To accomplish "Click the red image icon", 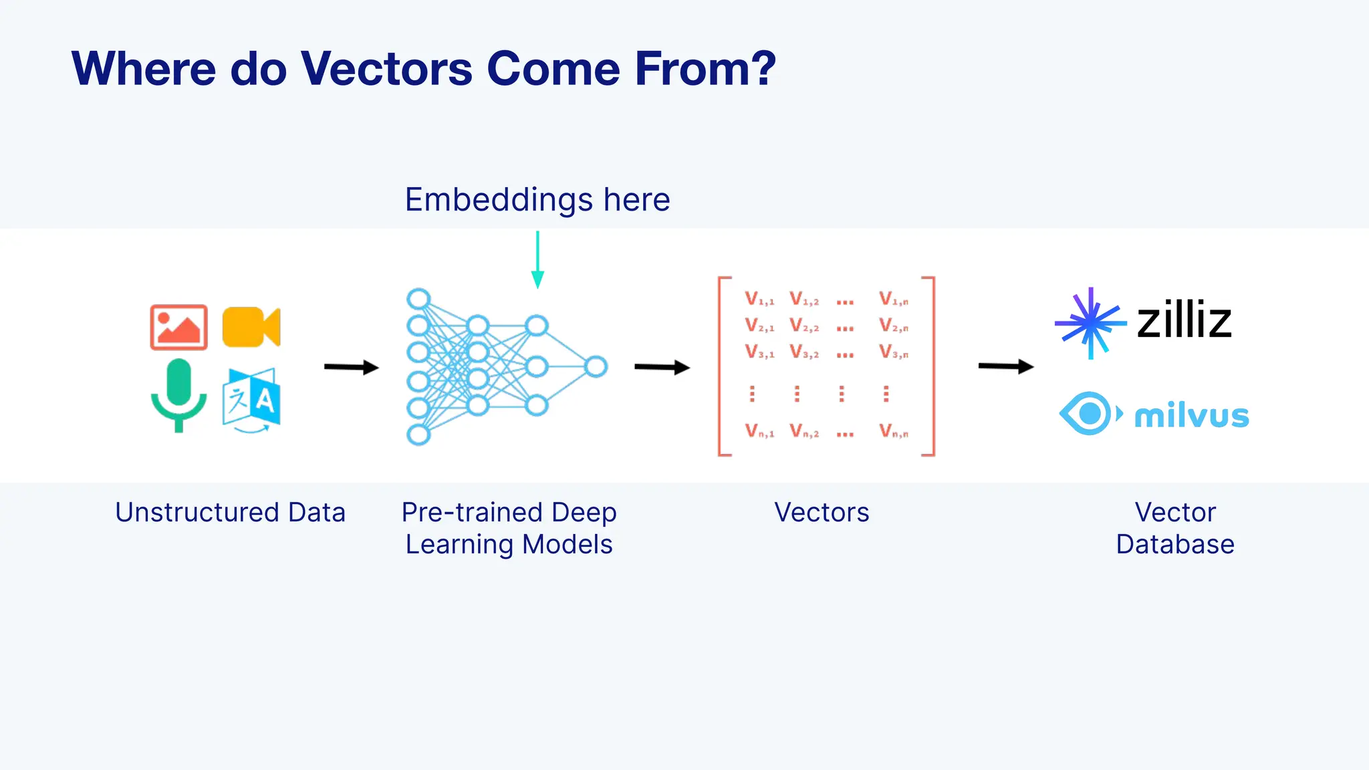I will (x=178, y=328).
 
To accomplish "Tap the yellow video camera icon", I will (x=251, y=327).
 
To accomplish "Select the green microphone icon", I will (x=178, y=394).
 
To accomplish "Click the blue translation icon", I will (x=251, y=398).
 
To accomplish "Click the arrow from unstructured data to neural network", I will (x=351, y=367).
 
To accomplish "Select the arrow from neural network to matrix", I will (x=661, y=367).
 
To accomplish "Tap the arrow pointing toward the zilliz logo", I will (x=1005, y=366).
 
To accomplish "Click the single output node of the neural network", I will (x=596, y=366).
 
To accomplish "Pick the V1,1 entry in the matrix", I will (x=759, y=299).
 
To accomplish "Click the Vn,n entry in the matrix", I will (x=894, y=431).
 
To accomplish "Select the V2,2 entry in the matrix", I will (x=804, y=326).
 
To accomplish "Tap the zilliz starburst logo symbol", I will (x=1090, y=323).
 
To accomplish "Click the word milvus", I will (x=1192, y=416).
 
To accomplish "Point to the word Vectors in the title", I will (x=386, y=69).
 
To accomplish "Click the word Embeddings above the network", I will (x=499, y=200).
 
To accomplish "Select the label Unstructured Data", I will (x=230, y=513).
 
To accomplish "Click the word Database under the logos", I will (x=1174, y=545).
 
